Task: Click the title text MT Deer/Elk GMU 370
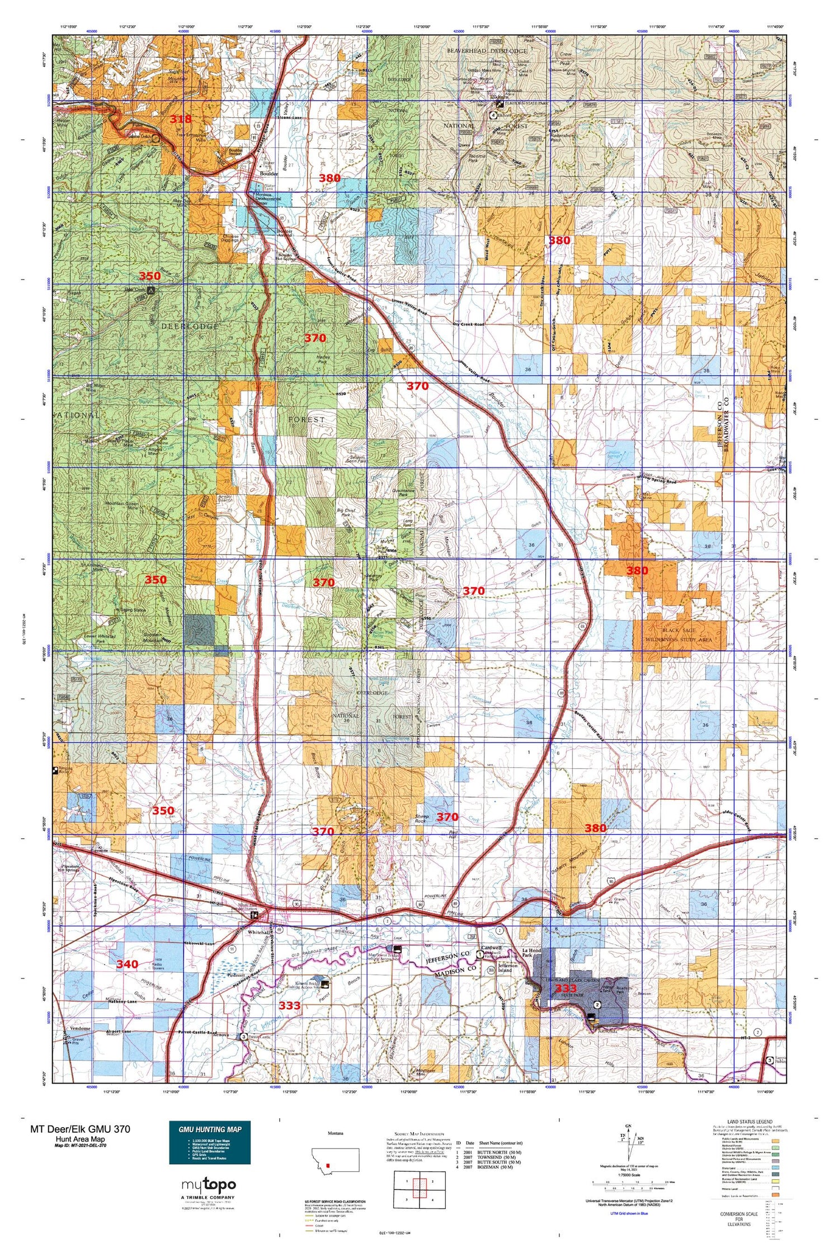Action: pyautogui.click(x=80, y=1129)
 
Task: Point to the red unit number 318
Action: pyautogui.click(x=181, y=119)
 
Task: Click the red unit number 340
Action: pyautogui.click(x=127, y=964)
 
